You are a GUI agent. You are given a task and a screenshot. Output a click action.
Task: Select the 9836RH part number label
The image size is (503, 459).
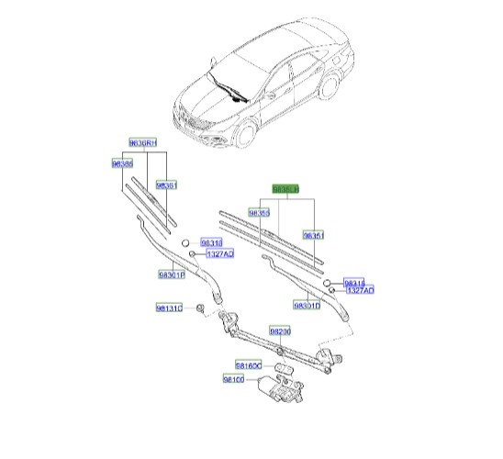tap(142, 143)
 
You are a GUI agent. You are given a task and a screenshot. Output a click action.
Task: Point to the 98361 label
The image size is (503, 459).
tap(165, 185)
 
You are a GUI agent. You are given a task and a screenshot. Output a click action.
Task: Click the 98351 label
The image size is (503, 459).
tap(314, 235)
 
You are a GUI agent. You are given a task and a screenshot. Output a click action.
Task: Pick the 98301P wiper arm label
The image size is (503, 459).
tap(171, 274)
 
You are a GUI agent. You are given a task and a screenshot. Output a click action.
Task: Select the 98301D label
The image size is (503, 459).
tap(307, 304)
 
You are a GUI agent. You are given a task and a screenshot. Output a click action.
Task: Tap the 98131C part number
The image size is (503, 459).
tap(168, 308)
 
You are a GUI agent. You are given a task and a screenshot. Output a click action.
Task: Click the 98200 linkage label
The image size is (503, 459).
tap(280, 330)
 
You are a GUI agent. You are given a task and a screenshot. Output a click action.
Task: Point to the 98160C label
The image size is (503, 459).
tap(250, 365)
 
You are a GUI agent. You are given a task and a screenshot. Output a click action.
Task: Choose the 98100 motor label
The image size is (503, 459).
tap(234, 379)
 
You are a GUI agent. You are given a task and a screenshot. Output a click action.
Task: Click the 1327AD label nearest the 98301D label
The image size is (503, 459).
tap(359, 291)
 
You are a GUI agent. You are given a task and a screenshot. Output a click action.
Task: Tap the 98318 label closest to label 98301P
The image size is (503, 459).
tap(211, 242)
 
